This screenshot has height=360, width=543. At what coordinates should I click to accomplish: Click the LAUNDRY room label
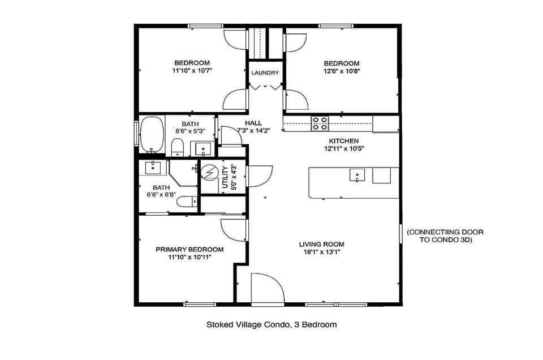265,73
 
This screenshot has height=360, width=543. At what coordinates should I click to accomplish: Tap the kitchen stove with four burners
320,123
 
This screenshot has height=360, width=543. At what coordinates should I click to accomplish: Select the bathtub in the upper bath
151,135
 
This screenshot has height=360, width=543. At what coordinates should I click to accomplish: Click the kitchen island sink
356,175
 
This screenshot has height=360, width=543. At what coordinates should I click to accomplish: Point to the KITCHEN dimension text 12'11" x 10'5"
344,149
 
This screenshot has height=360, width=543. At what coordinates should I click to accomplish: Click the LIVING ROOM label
321,245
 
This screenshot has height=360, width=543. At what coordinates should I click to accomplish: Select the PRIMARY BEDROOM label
189,249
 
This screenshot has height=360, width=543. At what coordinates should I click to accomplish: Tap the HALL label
253,123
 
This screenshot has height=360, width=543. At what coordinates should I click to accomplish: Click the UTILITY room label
226,177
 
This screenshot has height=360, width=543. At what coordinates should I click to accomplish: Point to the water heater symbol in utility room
210,172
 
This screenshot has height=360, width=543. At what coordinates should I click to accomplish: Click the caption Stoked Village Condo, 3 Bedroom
271,325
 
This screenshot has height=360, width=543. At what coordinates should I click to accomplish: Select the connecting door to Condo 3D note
445,235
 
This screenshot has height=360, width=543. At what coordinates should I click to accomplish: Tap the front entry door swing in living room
268,288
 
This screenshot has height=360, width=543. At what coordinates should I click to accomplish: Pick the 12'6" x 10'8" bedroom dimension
341,71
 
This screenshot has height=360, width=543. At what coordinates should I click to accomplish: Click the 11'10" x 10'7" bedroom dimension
192,71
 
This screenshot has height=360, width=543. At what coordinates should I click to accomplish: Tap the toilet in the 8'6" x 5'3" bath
178,148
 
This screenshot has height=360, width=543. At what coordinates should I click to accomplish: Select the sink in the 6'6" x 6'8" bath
153,167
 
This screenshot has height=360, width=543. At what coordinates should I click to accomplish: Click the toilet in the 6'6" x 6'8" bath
191,200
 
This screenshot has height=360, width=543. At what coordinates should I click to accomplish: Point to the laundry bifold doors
265,87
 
